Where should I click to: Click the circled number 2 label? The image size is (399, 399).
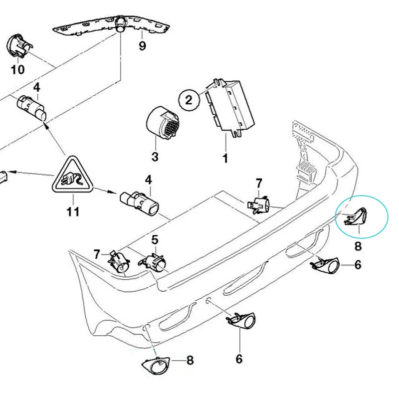(189, 100)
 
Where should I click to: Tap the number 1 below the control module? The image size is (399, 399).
(225, 159)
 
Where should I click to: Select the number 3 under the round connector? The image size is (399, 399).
(155, 157)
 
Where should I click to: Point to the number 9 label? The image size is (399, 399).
(142, 46)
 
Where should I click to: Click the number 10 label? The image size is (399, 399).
(17, 69)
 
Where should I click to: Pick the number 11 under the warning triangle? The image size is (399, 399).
(73, 211)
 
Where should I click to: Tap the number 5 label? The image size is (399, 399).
(155, 239)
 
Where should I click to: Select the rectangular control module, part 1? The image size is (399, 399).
(228, 107)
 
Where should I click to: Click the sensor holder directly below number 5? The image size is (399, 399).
(155, 261)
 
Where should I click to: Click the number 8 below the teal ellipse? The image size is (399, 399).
(358, 245)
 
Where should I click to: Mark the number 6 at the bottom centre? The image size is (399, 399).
(239, 358)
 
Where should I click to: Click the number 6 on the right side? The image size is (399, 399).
(358, 265)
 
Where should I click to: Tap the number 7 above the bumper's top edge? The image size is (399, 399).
(259, 183)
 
